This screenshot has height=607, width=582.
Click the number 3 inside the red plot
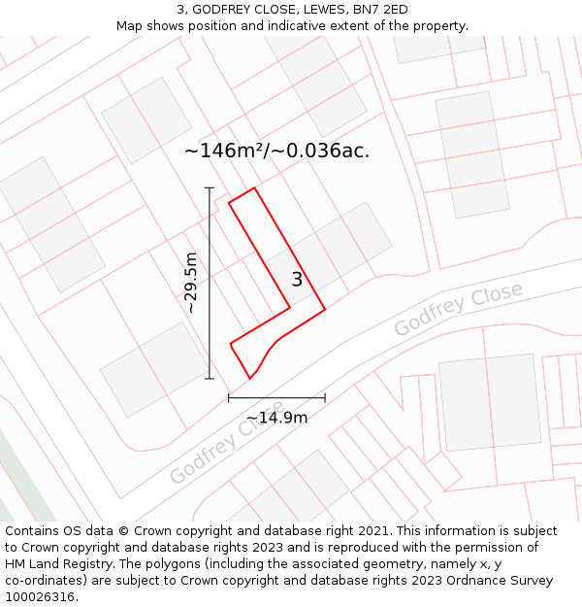297,280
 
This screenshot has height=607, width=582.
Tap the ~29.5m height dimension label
191,283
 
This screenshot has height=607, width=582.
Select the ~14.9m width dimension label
276,418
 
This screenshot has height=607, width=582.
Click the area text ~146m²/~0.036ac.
276,151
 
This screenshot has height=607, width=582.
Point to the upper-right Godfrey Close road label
458,310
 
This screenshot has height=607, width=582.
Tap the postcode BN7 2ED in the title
380,10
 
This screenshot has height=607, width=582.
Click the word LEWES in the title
320,10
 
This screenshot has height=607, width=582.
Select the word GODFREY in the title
222,10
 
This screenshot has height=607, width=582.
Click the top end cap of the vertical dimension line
210,187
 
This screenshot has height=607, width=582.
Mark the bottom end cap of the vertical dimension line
210,379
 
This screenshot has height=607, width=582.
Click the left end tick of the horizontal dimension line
229,397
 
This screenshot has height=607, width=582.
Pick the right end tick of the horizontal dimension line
325,397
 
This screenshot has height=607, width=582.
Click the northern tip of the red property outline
254,188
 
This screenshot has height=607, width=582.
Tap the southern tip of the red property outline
249,379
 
